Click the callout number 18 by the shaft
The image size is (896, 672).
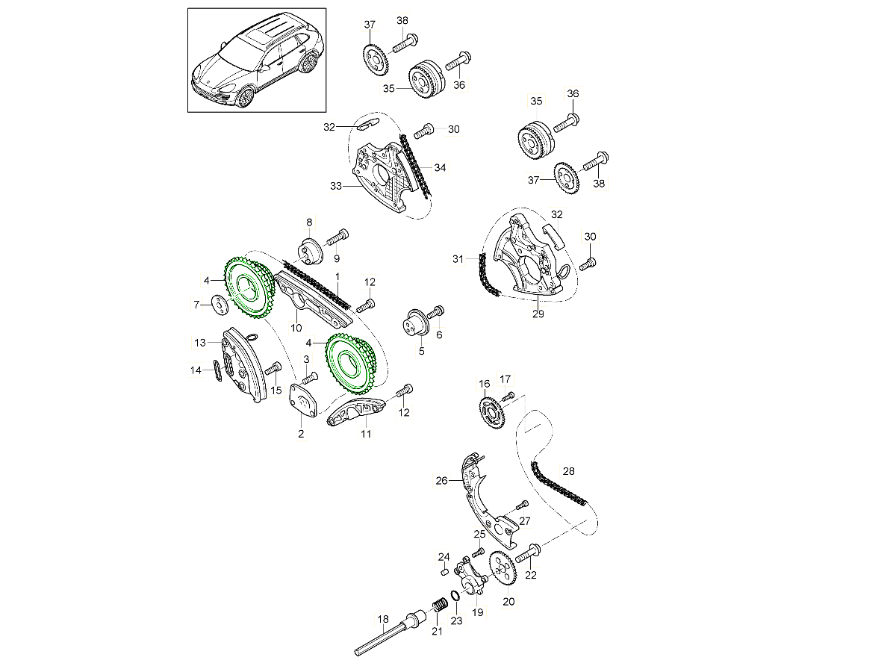tap(383, 619)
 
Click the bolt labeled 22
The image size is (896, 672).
tap(527, 553)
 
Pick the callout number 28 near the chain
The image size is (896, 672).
tap(569, 472)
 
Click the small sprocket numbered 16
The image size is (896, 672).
tap(489, 409)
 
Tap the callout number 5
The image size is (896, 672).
tap(420, 350)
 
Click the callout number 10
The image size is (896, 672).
tap(296, 328)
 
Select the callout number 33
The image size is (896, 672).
tap(335, 186)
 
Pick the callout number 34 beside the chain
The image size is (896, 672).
tap(440, 168)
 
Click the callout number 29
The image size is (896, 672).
tap(538, 314)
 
